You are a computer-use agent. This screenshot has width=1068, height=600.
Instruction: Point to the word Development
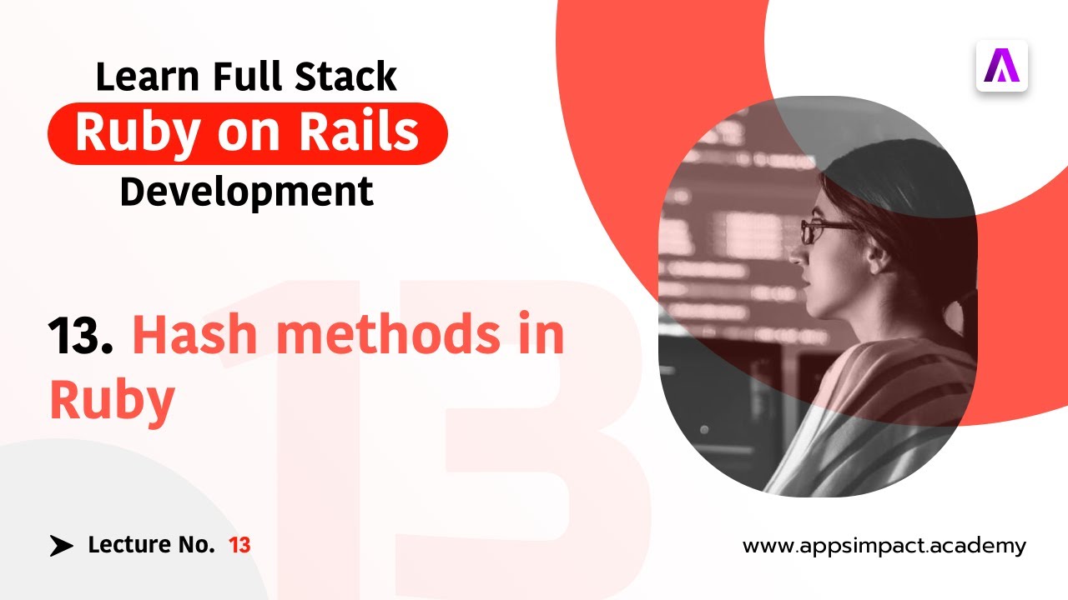[x=246, y=192]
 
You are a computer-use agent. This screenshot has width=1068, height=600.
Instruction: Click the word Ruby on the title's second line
[x=112, y=402]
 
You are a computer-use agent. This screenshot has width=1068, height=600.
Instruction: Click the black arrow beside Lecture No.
[x=61, y=546]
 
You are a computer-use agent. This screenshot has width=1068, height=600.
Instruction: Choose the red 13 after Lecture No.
[x=239, y=546]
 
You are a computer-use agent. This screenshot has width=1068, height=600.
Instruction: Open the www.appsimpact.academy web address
[x=884, y=547]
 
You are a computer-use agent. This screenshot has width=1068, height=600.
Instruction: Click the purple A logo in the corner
[x=1002, y=66]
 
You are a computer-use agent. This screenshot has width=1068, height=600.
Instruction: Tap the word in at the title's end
[x=539, y=336]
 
